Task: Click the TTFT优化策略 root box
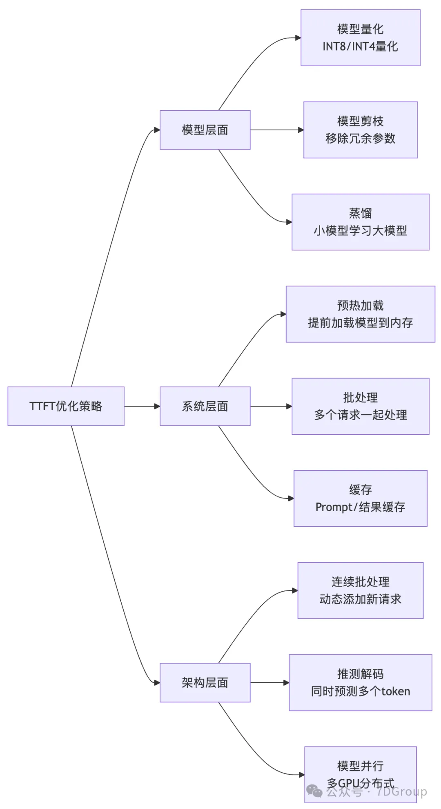66,406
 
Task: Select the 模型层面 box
205,130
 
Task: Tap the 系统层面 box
205,406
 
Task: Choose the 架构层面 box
205,682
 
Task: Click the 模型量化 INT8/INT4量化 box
360,38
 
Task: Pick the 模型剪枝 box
360,130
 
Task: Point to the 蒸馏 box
360,222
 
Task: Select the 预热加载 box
360,314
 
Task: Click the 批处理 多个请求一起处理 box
360,406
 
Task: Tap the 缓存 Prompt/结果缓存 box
360,498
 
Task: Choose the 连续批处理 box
360,590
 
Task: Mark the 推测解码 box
360,682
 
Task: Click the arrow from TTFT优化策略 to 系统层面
142,406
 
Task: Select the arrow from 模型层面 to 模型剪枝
276,130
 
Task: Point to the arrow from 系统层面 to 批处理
271,406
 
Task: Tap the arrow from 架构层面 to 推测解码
269,682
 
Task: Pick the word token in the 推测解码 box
395,691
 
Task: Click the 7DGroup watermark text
402,791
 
